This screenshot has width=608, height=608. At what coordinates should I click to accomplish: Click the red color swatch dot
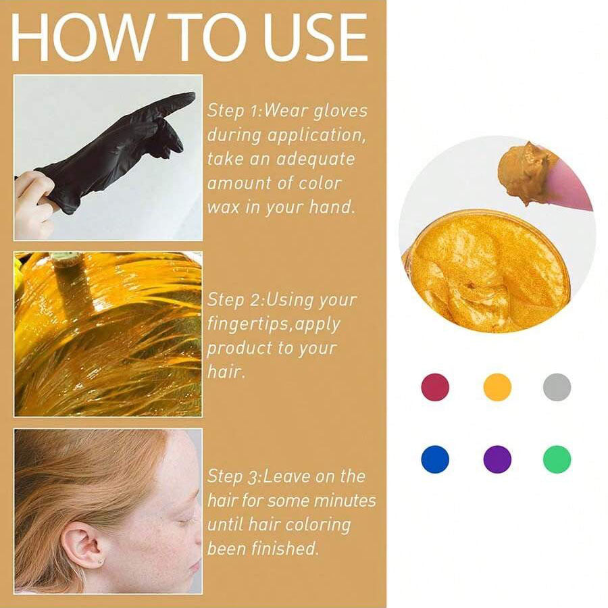[x=435, y=387]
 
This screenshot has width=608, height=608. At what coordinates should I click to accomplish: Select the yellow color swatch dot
[x=497, y=387]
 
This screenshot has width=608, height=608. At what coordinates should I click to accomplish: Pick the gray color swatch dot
[x=557, y=387]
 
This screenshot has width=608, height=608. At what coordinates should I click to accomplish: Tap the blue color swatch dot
[x=435, y=459]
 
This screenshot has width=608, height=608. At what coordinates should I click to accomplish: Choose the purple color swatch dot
[x=497, y=459]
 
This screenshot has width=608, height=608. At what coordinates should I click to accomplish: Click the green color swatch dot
[x=557, y=459]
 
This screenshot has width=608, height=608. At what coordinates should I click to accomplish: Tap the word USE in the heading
[x=315, y=37]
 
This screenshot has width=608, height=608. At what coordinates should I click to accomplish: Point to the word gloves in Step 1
[x=340, y=111]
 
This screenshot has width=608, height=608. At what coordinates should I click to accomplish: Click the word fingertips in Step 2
[x=249, y=324]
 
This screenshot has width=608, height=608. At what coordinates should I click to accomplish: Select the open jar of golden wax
[x=486, y=271]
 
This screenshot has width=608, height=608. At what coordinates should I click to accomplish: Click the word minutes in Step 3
[x=345, y=501]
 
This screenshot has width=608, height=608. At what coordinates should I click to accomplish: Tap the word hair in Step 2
[x=224, y=372]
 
